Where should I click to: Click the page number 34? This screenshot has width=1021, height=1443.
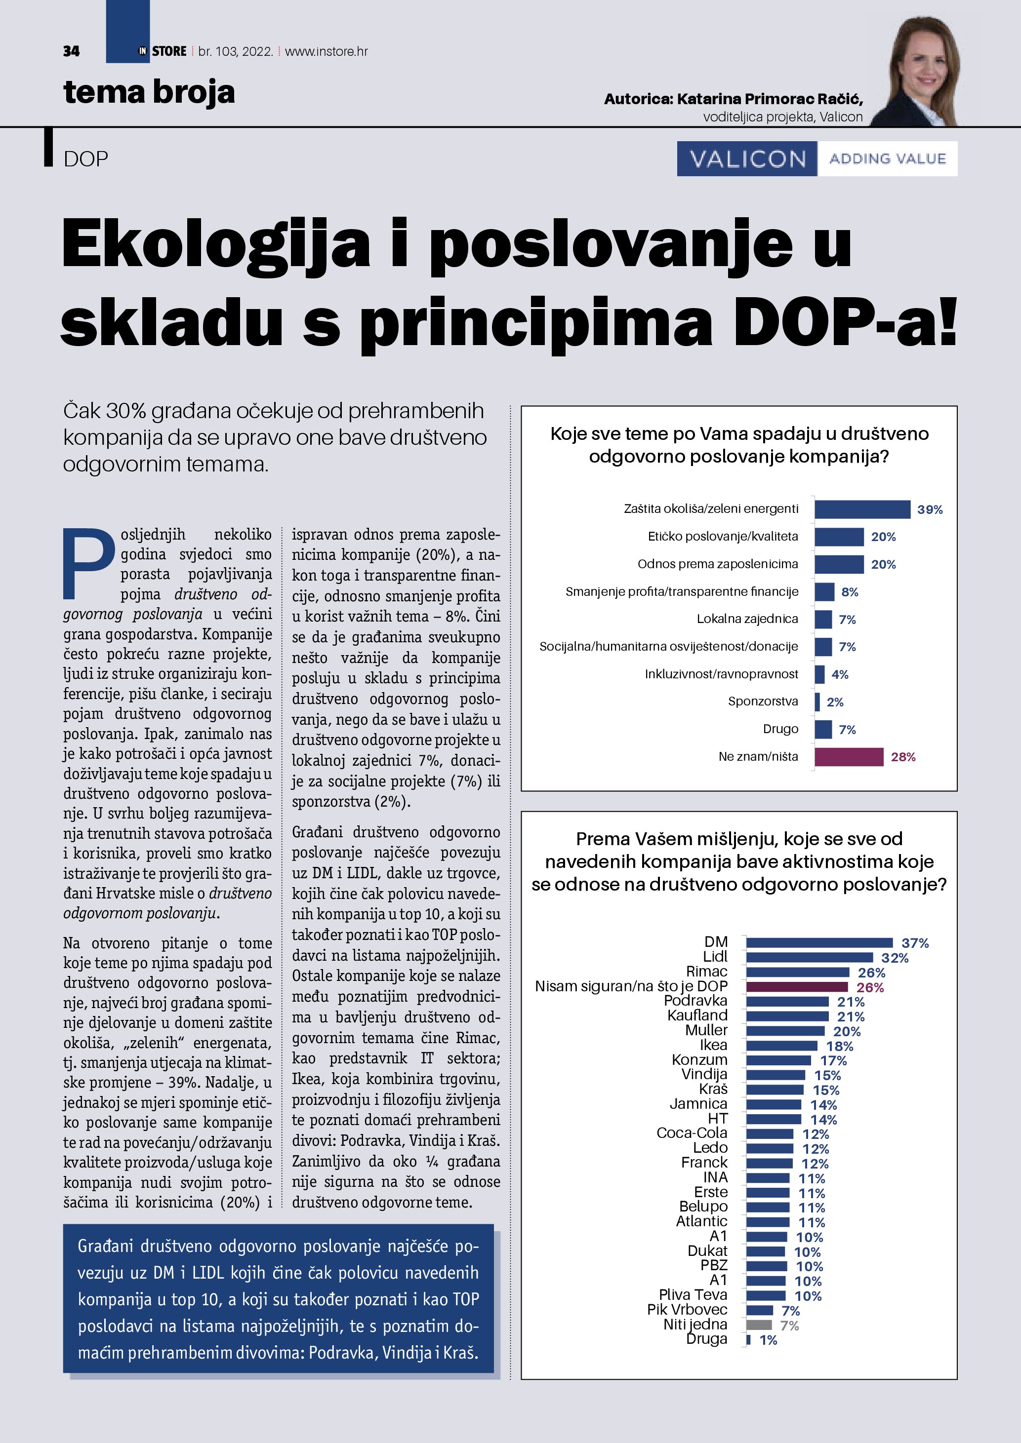point(71,51)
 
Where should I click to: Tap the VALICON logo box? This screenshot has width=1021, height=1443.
point(747,158)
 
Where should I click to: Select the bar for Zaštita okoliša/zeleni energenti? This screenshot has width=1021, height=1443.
point(862,509)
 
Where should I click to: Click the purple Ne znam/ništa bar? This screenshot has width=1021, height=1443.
point(849,757)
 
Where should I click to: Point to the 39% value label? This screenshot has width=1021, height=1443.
point(929,509)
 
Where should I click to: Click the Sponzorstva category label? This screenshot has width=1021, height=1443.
point(763,702)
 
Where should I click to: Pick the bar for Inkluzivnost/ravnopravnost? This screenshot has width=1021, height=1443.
point(819,674)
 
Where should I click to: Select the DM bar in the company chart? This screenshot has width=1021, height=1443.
point(819,943)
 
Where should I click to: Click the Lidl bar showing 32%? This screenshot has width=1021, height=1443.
point(810,958)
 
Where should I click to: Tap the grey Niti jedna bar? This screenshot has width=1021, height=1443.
point(759,1326)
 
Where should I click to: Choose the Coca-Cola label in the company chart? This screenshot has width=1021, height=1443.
point(692,1133)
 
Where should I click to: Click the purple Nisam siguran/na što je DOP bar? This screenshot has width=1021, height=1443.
point(797,987)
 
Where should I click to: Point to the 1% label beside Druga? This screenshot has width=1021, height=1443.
point(768,1340)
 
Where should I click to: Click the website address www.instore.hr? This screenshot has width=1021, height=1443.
point(327,51)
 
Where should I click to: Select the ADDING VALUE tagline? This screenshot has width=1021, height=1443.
point(887,158)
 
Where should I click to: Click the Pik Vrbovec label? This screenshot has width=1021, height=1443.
point(687,1310)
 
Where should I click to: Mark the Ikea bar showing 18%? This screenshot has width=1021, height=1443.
point(781,1046)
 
